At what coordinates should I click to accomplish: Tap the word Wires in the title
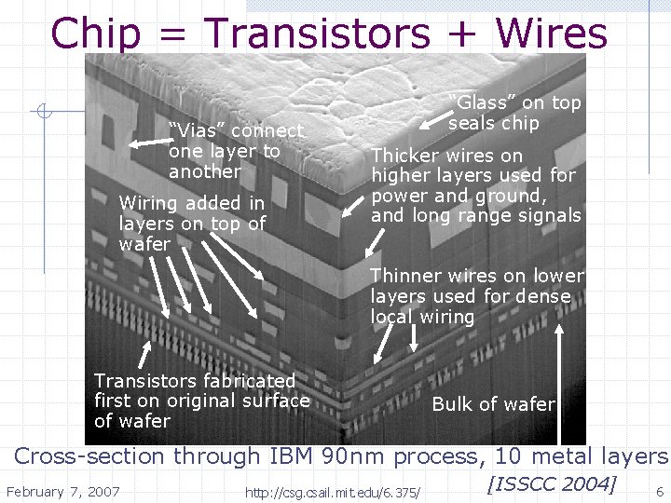pos(552,34)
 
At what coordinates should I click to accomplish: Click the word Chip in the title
pos(96,34)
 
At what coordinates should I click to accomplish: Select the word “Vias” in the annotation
pos(199,131)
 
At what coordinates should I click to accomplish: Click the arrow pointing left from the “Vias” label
pos(146,143)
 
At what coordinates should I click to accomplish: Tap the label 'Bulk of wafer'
pos(494,404)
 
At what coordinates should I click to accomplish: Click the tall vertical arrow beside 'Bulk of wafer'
pos(559,382)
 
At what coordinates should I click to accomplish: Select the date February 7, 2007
pos(63,491)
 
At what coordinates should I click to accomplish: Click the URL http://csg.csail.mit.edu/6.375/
pos(332,492)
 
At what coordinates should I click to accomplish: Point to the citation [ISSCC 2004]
pos(551,483)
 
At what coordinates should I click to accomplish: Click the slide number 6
pos(660,491)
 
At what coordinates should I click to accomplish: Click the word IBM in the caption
pos(292,456)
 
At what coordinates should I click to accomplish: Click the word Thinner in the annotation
pos(407,276)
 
